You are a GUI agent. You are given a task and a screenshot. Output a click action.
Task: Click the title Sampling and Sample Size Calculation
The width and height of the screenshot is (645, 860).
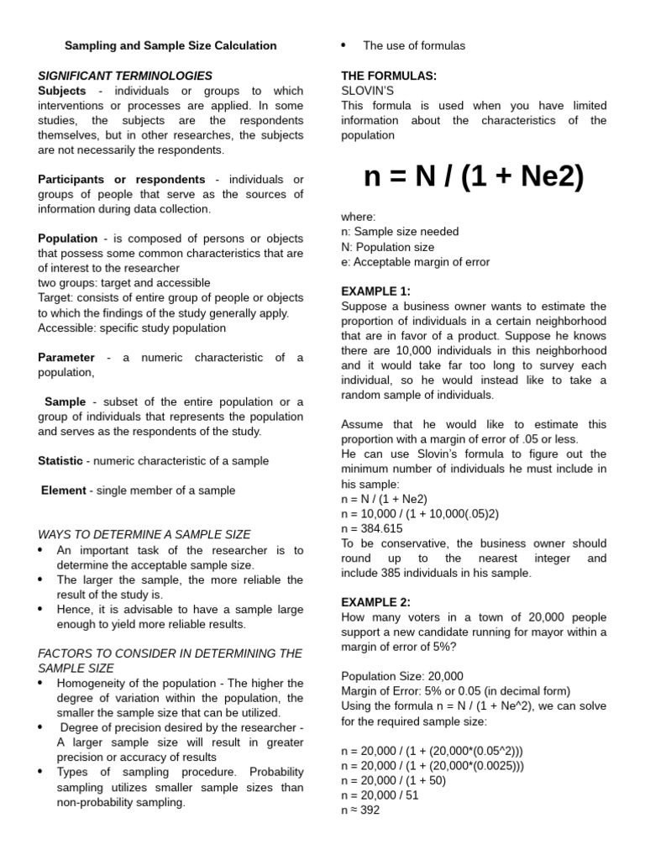pos(170,45)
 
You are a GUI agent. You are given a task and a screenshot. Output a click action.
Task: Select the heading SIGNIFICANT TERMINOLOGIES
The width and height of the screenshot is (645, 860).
pos(125,76)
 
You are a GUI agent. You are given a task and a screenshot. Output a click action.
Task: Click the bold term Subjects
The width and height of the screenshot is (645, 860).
pos(62,91)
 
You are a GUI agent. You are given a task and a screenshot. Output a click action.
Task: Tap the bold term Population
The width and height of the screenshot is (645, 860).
pos(68,239)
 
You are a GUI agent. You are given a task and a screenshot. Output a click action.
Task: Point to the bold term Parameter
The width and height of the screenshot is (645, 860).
pos(66,357)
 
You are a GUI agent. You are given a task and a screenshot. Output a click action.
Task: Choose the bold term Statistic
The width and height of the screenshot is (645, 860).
pos(60,460)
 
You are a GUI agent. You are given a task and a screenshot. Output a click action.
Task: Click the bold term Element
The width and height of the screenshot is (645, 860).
pos(64,490)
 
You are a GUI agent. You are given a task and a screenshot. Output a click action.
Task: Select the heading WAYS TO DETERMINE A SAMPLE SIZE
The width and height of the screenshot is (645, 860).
pos(144,534)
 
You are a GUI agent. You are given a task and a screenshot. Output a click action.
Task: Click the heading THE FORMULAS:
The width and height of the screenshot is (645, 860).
pos(389,76)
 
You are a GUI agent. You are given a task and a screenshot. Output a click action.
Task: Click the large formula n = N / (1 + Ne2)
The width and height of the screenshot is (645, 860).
pos(474,177)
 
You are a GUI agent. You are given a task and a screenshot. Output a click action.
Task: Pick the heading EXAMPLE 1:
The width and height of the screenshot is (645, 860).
pos(376,291)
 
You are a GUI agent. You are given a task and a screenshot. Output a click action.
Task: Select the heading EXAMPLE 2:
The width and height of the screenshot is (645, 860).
pos(376,602)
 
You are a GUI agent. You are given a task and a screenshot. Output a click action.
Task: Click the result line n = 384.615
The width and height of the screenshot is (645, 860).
pos(372,528)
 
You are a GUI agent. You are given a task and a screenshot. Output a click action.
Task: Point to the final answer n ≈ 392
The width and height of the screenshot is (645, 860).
pos(360,810)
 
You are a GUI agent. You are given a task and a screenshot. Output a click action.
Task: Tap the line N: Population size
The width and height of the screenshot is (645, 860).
pos(388,247)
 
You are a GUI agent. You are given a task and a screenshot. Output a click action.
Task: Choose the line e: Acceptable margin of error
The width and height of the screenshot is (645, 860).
pos(415,262)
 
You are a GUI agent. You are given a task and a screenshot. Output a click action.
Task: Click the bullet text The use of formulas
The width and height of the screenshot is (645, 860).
pos(414,45)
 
